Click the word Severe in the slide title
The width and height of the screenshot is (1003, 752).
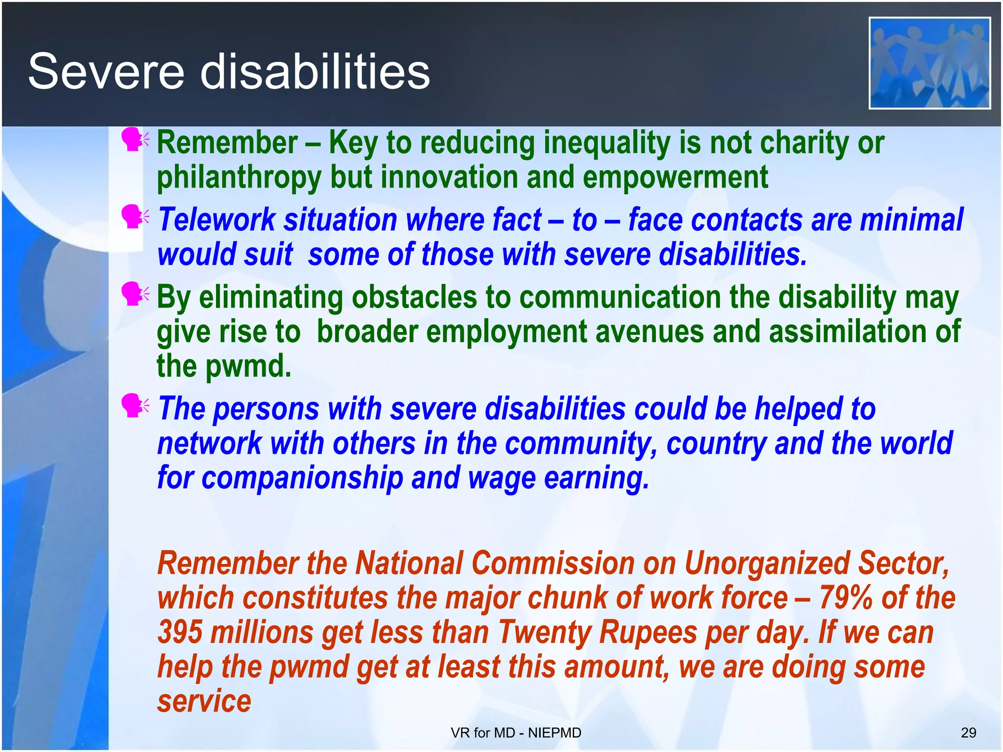point(106,72)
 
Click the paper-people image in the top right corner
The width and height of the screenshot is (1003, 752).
point(929,63)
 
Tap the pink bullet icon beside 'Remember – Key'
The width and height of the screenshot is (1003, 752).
point(133,140)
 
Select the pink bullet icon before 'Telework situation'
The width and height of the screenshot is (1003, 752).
point(133,217)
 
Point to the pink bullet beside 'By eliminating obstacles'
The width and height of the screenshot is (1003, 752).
point(133,294)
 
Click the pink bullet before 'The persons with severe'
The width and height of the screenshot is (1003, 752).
point(133,406)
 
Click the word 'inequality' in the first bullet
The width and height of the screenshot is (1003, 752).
point(607,143)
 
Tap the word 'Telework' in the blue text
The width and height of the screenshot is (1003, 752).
point(216,219)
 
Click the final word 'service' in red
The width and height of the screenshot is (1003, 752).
point(204,702)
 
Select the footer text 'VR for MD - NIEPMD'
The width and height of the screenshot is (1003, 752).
point(516,733)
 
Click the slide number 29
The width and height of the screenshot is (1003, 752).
point(968,733)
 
